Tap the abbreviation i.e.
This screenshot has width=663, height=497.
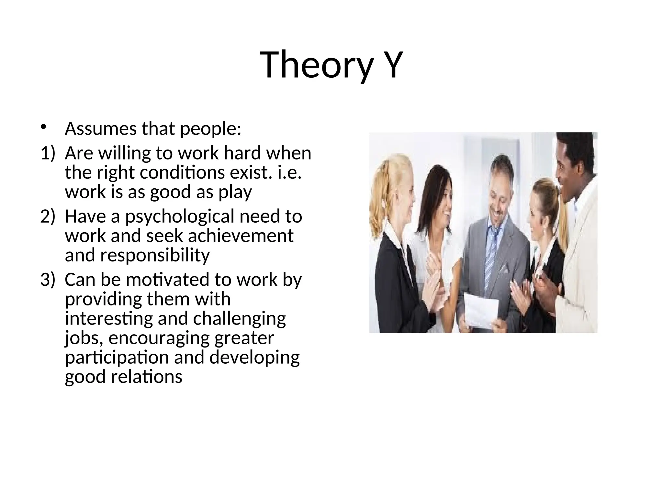click(x=290, y=173)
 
